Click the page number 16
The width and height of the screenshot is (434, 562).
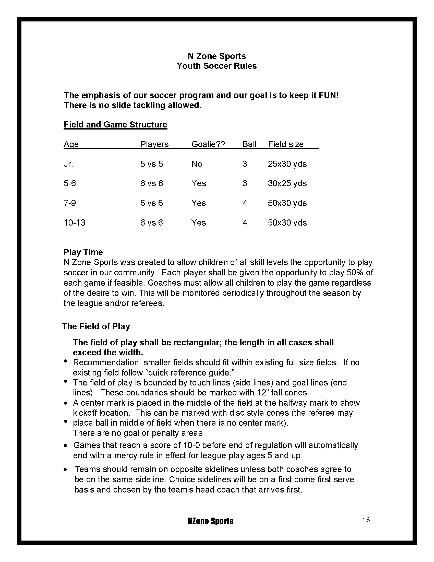(x=366, y=520)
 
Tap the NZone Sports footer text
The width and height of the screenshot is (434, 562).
(x=211, y=521)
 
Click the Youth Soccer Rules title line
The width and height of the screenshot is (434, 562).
(x=216, y=66)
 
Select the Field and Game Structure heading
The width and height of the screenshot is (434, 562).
(x=115, y=125)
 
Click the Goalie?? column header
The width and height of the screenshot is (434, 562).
(x=208, y=144)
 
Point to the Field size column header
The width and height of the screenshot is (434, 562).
(x=286, y=144)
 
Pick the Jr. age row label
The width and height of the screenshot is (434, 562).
(x=68, y=164)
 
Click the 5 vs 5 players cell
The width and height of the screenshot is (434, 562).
(x=151, y=164)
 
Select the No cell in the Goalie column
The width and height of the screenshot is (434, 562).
(x=197, y=164)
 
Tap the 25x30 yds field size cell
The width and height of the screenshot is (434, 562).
(x=287, y=164)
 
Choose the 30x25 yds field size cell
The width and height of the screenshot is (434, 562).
(x=287, y=183)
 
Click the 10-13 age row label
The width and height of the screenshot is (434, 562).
(x=74, y=223)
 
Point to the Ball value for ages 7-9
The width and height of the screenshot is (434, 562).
(x=245, y=203)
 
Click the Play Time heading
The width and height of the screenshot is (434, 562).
(x=83, y=252)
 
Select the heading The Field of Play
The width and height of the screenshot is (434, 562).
(x=96, y=326)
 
